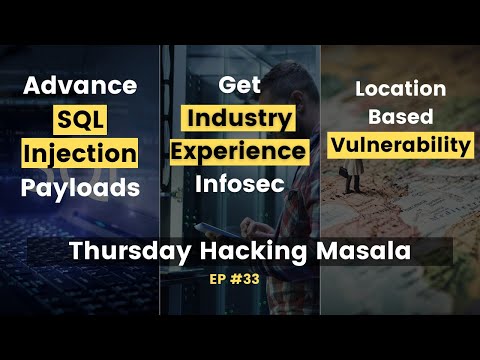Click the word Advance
pyautogui.click(x=81, y=86)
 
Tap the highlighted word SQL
pyautogui.click(x=81, y=121)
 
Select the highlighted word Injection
pyautogui.click(x=81, y=154)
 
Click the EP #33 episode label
pyautogui.click(x=240, y=281)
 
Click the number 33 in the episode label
pyautogui.click(x=254, y=281)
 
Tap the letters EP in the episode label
pyautogui.click(x=222, y=281)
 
